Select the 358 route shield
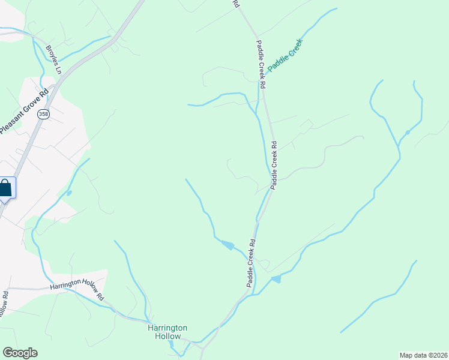pos(43,114)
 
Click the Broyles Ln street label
pos(54,60)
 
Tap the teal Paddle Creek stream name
pos(286,55)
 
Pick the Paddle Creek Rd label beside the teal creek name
pos(261,65)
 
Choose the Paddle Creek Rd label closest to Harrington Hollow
pos(250,263)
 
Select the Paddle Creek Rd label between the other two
pos(274,165)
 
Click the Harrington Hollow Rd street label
pos(77,291)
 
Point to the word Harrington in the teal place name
pos(168,328)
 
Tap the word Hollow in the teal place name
pos(169,337)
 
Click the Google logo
pos(19,353)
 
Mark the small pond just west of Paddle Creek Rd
pos(228,244)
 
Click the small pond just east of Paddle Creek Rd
pos(276,279)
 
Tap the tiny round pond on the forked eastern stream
pos(408,132)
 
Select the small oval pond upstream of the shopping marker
pos(69,193)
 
